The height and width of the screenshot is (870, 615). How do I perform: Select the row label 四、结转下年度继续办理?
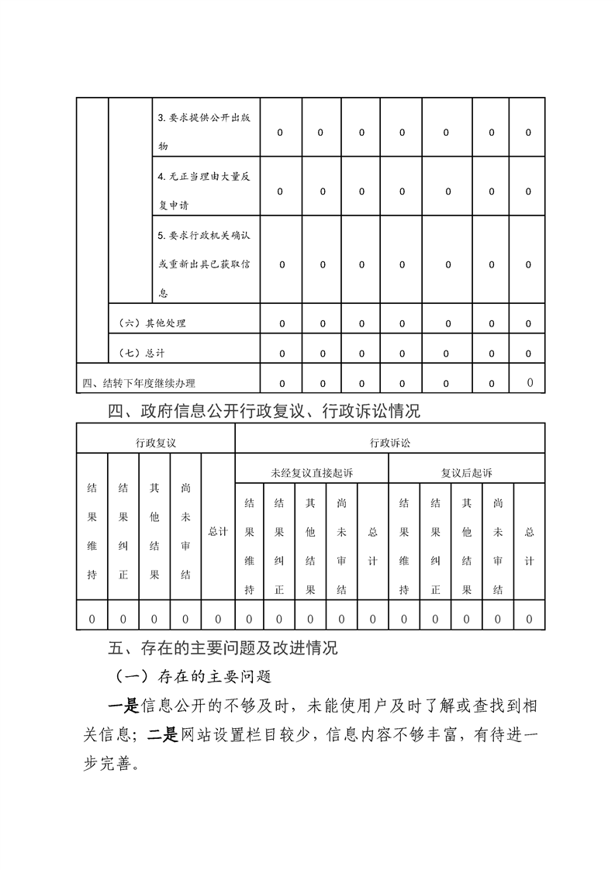click(x=139, y=383)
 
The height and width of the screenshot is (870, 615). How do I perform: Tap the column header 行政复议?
click(x=156, y=443)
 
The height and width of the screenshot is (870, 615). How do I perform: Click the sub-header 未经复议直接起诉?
click(x=310, y=472)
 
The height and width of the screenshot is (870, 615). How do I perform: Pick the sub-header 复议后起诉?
click(x=466, y=472)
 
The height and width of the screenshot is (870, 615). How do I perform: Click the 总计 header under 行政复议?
click(x=218, y=532)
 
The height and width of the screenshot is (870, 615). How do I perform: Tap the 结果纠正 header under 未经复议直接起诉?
click(x=279, y=547)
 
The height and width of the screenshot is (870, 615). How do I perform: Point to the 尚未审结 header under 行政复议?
click(x=186, y=532)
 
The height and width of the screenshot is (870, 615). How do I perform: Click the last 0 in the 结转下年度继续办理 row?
click(x=529, y=382)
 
